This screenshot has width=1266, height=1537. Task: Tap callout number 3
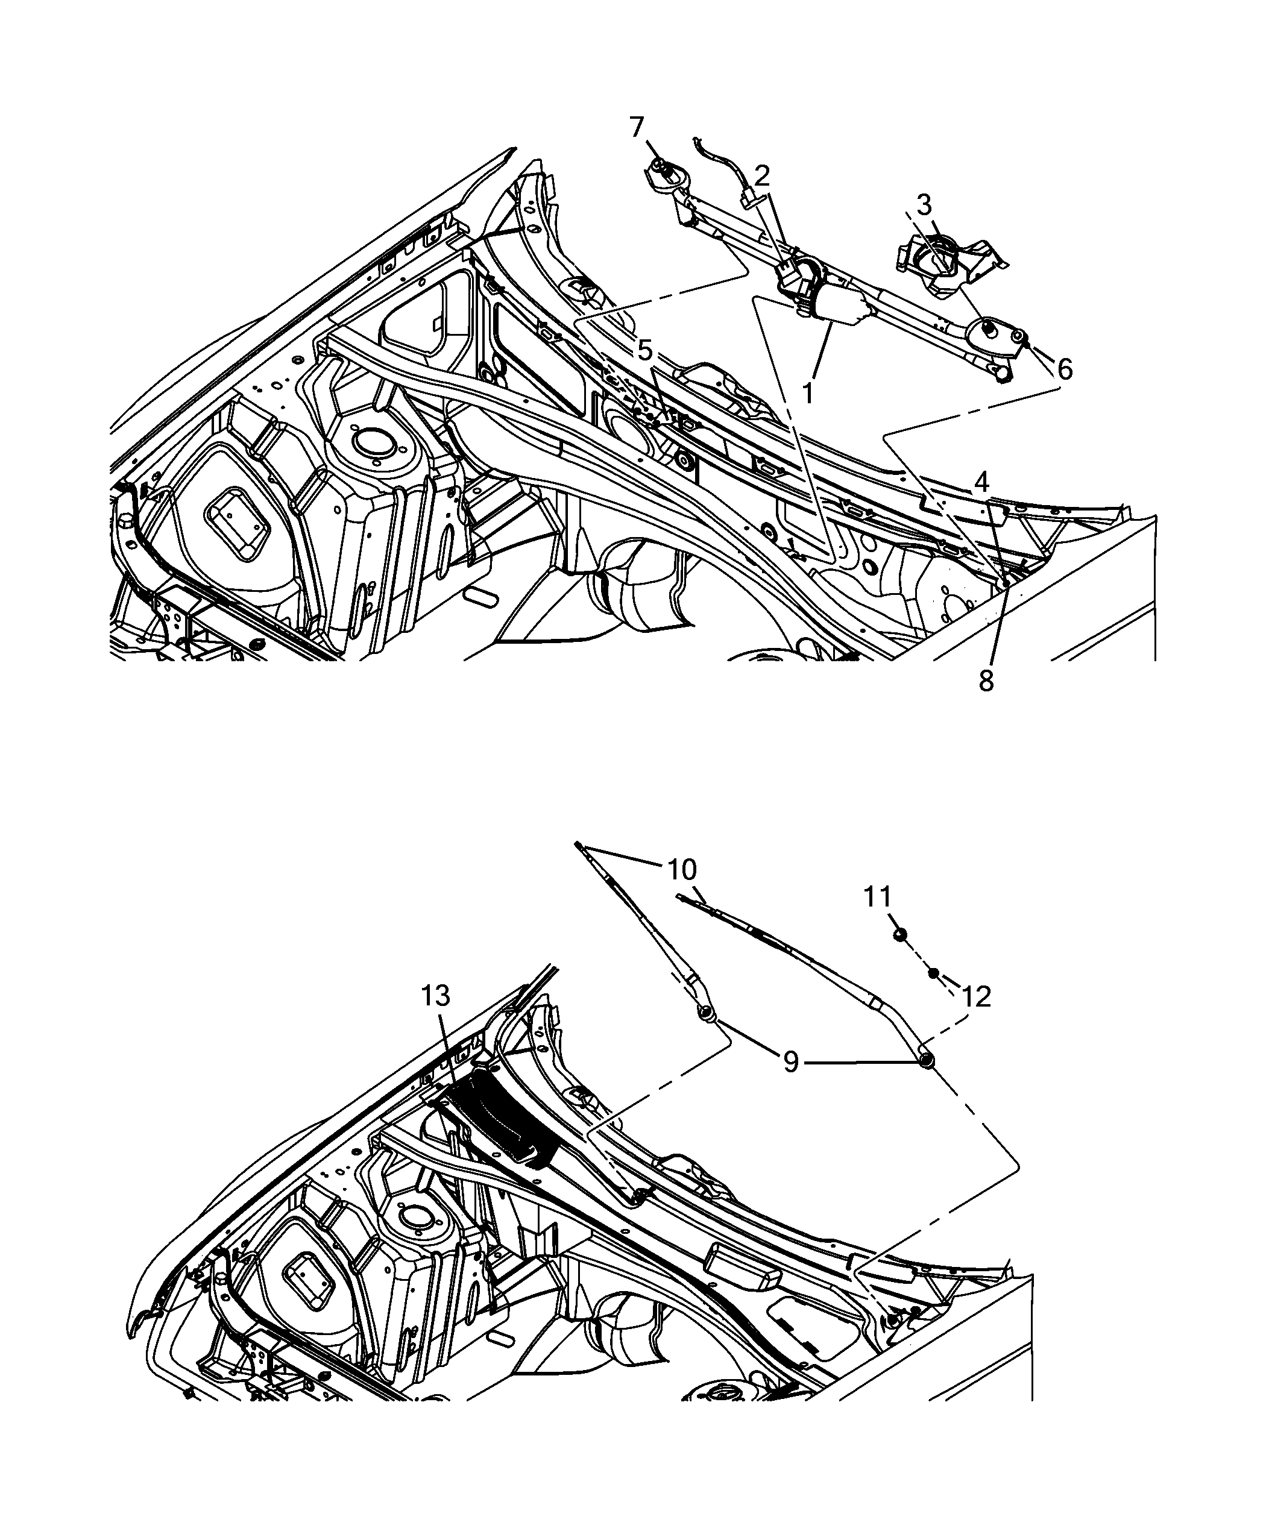coord(924,205)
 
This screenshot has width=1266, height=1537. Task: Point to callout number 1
coord(807,393)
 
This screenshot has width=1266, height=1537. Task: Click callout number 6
coord(1065,369)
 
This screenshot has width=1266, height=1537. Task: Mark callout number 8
coord(986,680)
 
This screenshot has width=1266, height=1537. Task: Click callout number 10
coord(682,869)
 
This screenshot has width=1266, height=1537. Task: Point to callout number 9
coord(790,1061)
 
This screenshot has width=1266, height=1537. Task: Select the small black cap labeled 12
coord(933,973)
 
